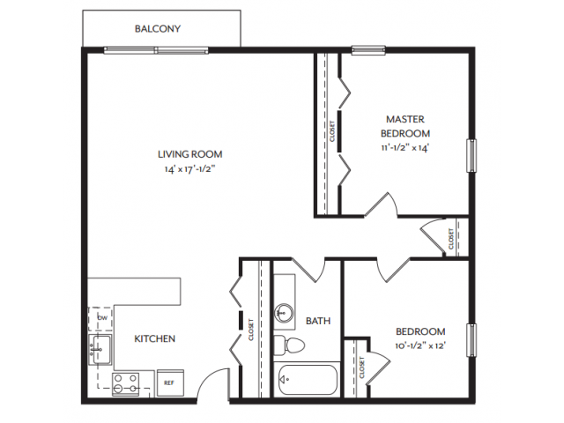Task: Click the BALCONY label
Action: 158,28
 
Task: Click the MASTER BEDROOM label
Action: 405,126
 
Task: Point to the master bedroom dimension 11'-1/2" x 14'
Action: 405,148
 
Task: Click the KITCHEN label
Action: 154,338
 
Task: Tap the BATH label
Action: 317,321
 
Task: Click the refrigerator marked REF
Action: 168,383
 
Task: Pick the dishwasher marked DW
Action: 102,317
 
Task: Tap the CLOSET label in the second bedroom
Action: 362,366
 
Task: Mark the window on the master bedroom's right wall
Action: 471,155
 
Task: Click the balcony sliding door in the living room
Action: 157,49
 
